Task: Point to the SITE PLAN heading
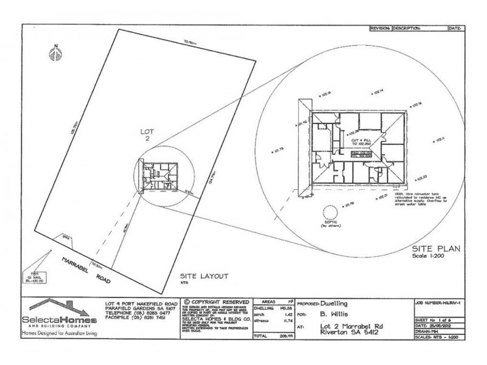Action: [436, 248]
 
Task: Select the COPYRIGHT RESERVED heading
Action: [215, 302]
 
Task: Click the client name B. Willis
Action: [333, 316]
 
